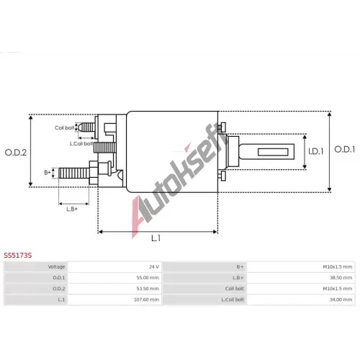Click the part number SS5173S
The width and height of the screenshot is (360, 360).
click(x=18, y=256)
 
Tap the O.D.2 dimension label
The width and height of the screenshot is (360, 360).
click(x=16, y=153)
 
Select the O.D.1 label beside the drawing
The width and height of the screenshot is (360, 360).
click(x=345, y=150)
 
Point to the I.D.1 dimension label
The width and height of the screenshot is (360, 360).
click(x=316, y=151)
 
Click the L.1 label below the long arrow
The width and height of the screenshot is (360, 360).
click(x=156, y=238)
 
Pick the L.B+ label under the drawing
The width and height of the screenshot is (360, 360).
click(x=72, y=209)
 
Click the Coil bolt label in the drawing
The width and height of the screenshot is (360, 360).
click(x=64, y=127)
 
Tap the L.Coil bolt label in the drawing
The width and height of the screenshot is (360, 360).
click(x=81, y=143)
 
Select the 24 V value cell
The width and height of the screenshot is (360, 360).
click(x=154, y=267)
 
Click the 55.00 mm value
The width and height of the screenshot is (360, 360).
click(x=148, y=278)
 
